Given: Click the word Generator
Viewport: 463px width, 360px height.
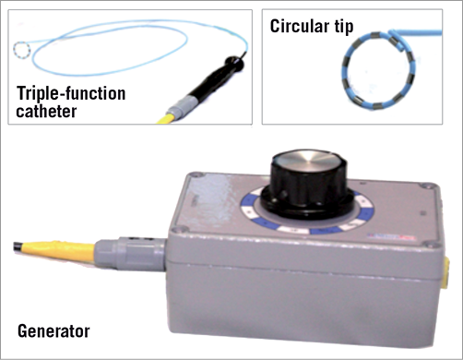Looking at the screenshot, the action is (53, 331).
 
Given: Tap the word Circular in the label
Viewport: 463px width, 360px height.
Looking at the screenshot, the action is (295, 26).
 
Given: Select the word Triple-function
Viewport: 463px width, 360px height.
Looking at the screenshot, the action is (71, 94).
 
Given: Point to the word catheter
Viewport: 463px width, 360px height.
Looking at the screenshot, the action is (46, 111).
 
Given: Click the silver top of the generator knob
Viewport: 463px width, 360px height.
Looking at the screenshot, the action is (309, 159).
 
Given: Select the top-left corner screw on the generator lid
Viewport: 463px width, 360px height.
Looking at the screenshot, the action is (196, 175).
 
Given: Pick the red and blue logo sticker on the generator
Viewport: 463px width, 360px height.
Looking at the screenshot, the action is (391, 237).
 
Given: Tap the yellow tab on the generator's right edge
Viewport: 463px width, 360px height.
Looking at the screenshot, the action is (446, 274).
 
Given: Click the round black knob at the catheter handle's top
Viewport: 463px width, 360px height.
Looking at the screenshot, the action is (234, 63).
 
